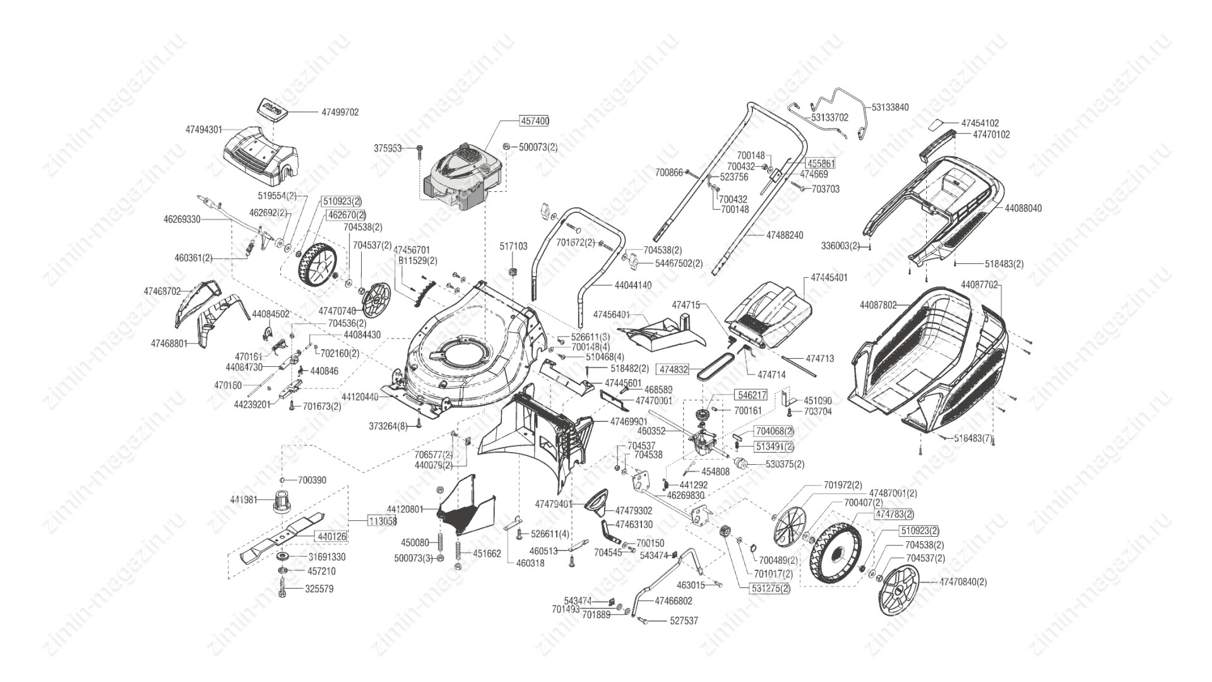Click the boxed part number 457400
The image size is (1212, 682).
point(534,121)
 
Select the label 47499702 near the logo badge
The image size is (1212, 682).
point(340,112)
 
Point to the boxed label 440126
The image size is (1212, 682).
point(331,536)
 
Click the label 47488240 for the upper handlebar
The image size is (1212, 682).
point(785,236)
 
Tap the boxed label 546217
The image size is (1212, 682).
point(751,395)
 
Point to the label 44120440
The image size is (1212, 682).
point(360,397)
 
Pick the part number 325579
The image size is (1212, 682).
point(320,589)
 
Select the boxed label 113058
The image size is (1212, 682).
point(382,521)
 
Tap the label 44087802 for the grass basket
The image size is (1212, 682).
point(878,305)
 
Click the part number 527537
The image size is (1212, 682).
point(684,621)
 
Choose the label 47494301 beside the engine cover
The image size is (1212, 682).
point(204,129)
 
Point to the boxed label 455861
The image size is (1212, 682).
point(821,164)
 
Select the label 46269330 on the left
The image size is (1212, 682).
point(182,219)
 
